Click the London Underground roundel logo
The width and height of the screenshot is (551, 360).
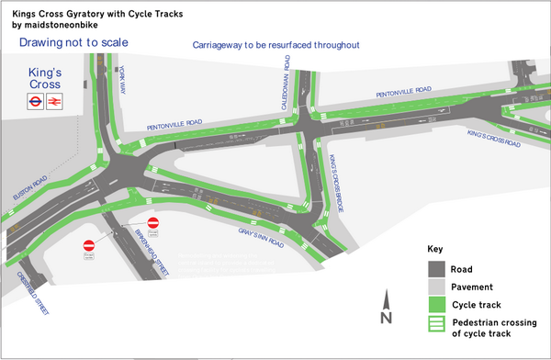[35, 103]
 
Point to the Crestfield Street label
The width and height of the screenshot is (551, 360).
[32, 293]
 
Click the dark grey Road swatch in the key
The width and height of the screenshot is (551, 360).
[438, 269]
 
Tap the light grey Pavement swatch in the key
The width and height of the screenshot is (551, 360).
[438, 287]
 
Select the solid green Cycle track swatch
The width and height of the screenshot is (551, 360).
[438, 305]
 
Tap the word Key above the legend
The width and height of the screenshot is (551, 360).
[436, 249]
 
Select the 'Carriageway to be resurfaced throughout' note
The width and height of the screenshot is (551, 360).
[275, 45]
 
